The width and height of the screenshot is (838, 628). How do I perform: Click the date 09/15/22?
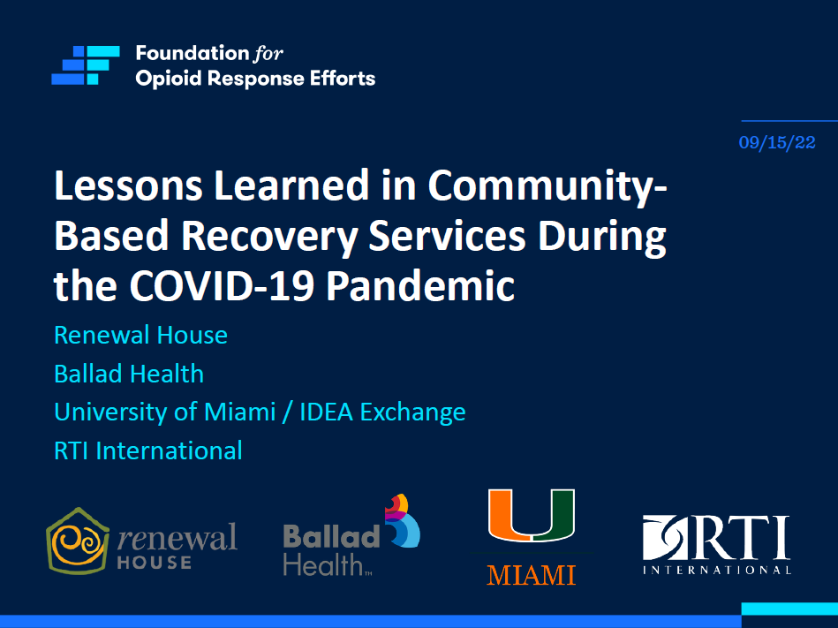pyautogui.click(x=777, y=142)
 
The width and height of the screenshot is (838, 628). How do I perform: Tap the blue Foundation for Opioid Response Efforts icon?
pyautogui.click(x=85, y=65)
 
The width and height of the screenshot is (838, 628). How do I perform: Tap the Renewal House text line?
pyautogui.click(x=140, y=336)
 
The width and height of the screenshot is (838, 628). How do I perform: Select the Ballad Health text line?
pyautogui.click(x=129, y=374)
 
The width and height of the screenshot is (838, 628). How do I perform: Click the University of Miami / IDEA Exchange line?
pyautogui.click(x=260, y=412)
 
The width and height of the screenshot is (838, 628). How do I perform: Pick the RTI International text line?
pyautogui.click(x=148, y=450)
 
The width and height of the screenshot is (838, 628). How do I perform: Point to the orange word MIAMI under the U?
pyautogui.click(x=531, y=576)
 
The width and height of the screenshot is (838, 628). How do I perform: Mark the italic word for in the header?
pyautogui.click(x=268, y=54)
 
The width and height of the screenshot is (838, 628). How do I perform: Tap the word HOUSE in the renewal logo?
pyautogui.click(x=154, y=562)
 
